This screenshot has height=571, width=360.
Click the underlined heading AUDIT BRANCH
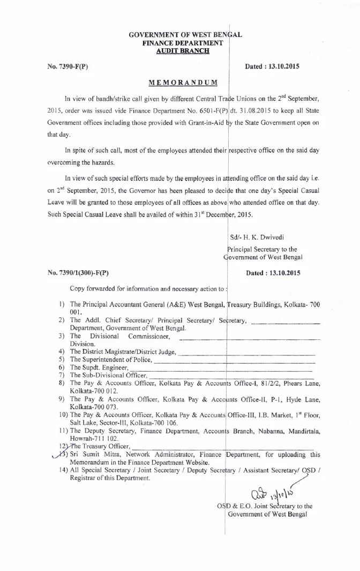[x=182, y=50]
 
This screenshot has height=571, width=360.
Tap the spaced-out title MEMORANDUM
[x=183, y=82]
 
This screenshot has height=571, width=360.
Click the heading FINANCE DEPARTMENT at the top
[x=182, y=42]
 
